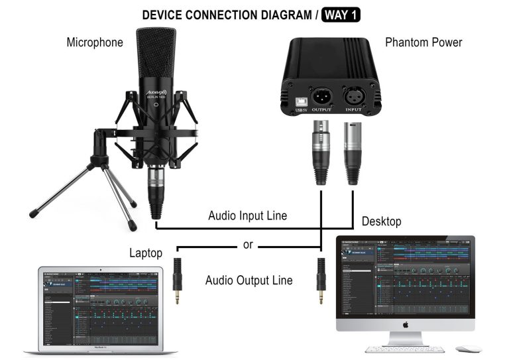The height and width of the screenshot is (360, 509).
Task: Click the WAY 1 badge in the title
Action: click(341, 13)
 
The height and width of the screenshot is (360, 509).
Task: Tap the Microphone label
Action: click(95, 42)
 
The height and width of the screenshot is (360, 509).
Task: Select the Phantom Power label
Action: click(424, 42)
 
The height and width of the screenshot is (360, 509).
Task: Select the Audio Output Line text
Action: click(249, 280)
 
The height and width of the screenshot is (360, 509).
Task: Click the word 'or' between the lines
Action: click(248, 245)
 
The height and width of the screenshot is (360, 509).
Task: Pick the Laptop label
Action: click(146, 253)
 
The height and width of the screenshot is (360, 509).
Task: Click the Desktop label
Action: click(381, 221)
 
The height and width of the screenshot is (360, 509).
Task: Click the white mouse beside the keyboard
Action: click(468, 348)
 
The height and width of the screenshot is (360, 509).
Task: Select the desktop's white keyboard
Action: click(404, 349)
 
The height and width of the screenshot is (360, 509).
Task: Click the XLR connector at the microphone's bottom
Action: click(156, 188)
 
